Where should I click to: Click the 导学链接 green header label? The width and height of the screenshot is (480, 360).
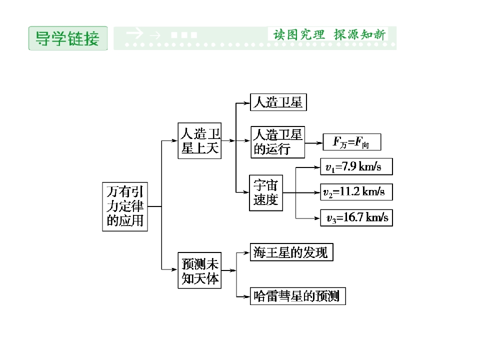(x=68, y=38)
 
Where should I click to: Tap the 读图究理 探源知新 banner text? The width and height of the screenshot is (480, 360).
(x=329, y=34)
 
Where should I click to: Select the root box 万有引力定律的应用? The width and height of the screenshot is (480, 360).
(x=125, y=206)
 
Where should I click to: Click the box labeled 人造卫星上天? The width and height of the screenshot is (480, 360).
(x=199, y=141)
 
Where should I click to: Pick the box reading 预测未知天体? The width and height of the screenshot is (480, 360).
(x=199, y=270)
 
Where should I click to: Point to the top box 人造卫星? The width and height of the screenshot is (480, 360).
(x=278, y=102)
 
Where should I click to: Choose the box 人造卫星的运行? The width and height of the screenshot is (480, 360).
(x=277, y=142)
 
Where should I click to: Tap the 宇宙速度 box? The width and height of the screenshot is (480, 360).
(x=266, y=193)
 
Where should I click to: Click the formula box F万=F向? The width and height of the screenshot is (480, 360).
(x=352, y=142)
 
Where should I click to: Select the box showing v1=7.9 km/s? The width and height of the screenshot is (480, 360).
(x=356, y=166)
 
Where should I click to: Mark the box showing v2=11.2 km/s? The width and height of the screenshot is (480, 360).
(x=356, y=192)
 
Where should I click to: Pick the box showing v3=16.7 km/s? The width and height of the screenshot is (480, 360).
(x=356, y=217)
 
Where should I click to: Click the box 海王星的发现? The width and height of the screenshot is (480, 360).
(x=291, y=252)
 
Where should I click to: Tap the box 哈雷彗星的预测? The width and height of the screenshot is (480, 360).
(x=298, y=296)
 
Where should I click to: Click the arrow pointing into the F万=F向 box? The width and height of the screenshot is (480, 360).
(x=314, y=143)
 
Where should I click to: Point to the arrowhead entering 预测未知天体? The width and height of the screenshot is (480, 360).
(x=174, y=269)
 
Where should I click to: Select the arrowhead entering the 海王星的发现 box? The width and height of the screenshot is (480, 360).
(x=246, y=253)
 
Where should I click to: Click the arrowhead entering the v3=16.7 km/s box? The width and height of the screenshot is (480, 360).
(x=317, y=218)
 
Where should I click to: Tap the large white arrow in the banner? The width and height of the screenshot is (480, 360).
(x=134, y=33)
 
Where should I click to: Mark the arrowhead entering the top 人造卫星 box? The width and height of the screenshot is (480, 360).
(x=246, y=103)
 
